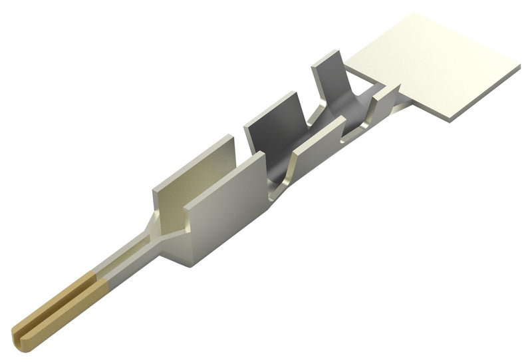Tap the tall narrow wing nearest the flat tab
click(x=329, y=80)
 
